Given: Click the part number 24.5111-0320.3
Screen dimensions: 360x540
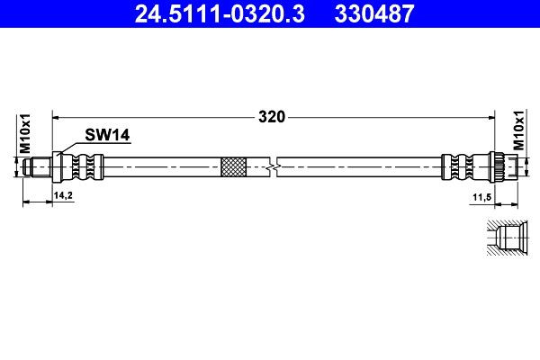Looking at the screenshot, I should pyautogui.click(x=215, y=14).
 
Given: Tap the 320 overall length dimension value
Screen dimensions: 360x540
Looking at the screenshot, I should pyautogui.click(x=272, y=116).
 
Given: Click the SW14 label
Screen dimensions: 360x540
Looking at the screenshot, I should pyautogui.click(x=108, y=135).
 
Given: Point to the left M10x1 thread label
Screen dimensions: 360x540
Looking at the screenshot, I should pyautogui.click(x=26, y=133).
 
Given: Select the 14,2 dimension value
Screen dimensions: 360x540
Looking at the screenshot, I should pyautogui.click(x=62, y=195).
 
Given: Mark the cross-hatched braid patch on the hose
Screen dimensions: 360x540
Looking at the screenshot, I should pyautogui.click(x=233, y=166).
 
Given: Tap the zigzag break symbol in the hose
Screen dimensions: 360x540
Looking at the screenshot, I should pyautogui.click(x=274, y=166).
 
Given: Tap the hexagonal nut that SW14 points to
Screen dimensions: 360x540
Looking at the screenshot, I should pyautogui.click(x=59, y=166).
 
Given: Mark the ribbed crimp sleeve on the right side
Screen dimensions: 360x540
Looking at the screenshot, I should pyautogui.click(x=460, y=166).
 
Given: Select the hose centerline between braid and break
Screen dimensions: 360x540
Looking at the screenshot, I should pyautogui.click(x=256, y=166).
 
